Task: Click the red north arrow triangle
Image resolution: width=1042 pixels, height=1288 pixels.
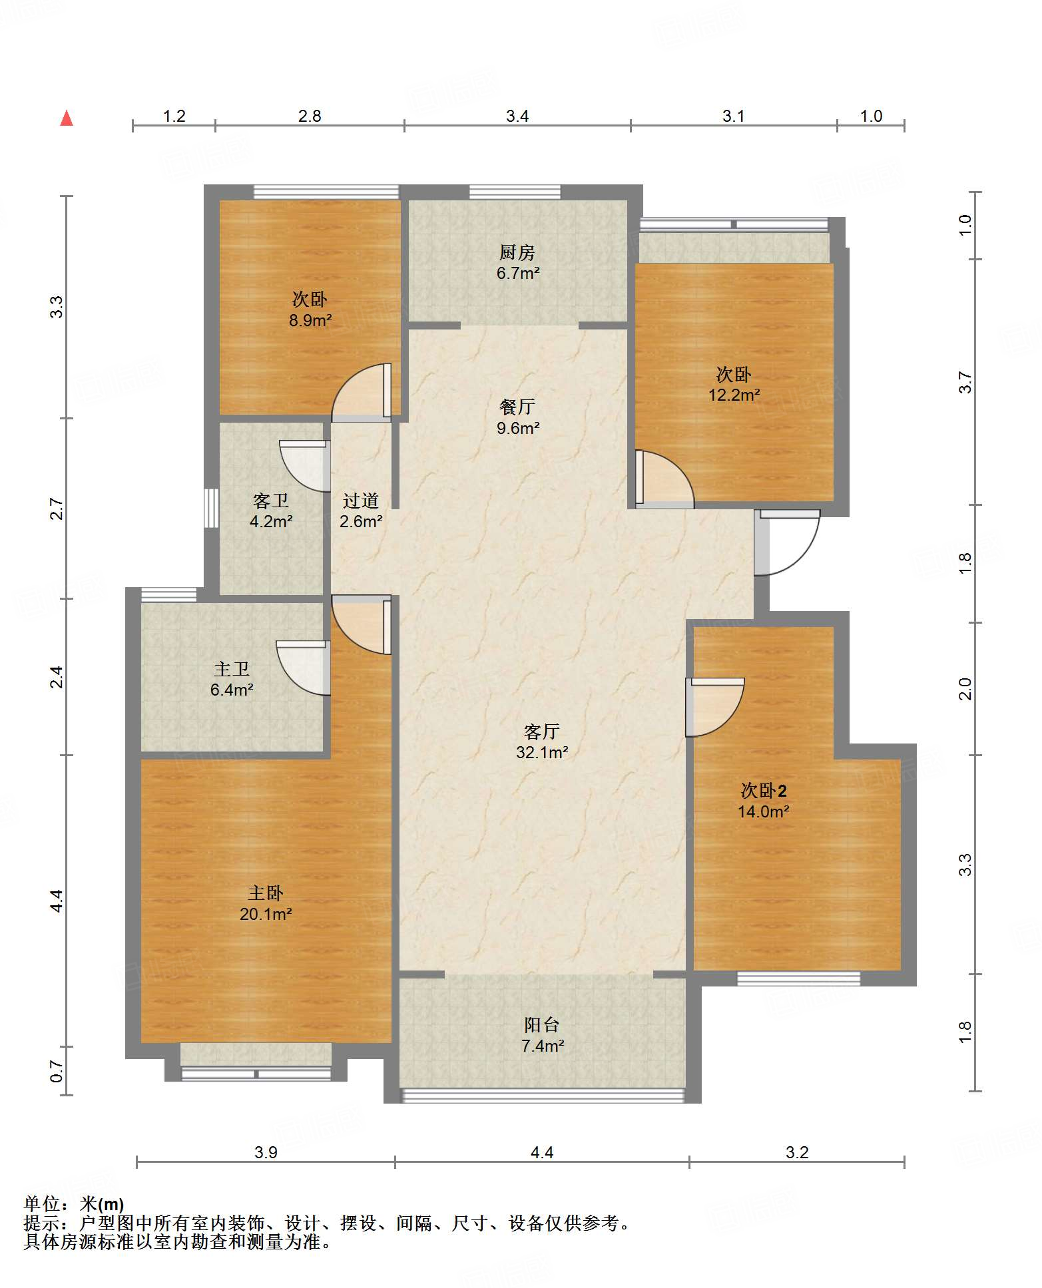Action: pyautogui.click(x=67, y=118)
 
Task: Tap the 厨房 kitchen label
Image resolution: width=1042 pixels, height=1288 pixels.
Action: pyautogui.click(x=517, y=252)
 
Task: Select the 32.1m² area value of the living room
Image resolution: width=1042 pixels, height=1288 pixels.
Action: pyautogui.click(x=542, y=752)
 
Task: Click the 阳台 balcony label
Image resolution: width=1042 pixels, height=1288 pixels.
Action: pyautogui.click(x=541, y=1025)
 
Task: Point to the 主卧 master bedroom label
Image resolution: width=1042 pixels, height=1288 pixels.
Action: pyautogui.click(x=266, y=893)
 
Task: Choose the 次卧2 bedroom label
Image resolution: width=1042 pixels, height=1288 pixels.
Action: pyautogui.click(x=764, y=791)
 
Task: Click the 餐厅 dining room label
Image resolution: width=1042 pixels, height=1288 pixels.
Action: pyautogui.click(x=517, y=407)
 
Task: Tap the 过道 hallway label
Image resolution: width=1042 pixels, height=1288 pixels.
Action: pyautogui.click(x=361, y=501)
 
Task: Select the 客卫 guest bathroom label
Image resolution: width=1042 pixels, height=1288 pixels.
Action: pyautogui.click(x=271, y=501)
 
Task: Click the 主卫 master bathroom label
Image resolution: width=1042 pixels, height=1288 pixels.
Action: pyautogui.click(x=232, y=669)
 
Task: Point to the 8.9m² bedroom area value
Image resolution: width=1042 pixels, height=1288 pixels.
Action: pyautogui.click(x=310, y=320)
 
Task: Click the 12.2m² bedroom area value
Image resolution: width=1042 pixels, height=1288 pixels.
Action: pyautogui.click(x=734, y=395)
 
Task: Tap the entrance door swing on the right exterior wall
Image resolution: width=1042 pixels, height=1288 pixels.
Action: pyautogui.click(x=786, y=542)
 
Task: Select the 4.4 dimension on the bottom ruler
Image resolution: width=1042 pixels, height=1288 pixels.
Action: pyautogui.click(x=542, y=1152)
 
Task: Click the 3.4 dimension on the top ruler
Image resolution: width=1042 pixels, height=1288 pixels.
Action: pyautogui.click(x=517, y=116)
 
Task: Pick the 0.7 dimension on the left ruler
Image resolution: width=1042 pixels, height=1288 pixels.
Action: pyautogui.click(x=57, y=1072)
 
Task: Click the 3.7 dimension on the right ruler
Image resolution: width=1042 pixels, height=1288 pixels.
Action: pyautogui.click(x=965, y=383)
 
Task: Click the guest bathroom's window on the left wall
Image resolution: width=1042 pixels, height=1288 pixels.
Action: pyautogui.click(x=211, y=509)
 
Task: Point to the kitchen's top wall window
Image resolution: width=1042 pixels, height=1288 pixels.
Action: pyautogui.click(x=515, y=192)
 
